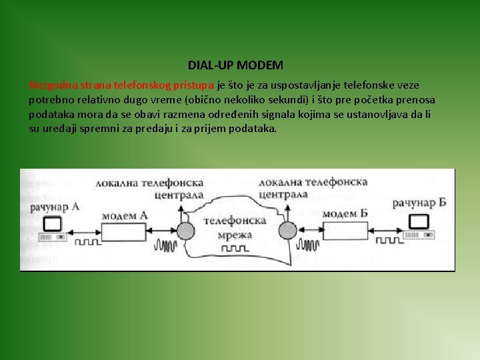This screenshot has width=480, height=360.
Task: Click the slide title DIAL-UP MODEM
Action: pos(235,65)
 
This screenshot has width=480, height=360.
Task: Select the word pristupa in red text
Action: pos(193,85)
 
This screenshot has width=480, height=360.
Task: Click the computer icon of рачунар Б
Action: pos(419,223)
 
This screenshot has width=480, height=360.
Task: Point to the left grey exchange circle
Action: pos(180,231)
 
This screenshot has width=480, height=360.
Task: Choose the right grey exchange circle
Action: pos(287,231)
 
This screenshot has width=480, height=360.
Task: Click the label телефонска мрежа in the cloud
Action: pos(234,227)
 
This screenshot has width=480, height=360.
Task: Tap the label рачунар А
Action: pos(55,207)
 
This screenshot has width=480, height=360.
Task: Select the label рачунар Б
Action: pos(419,203)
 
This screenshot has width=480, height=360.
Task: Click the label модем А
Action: pos(125,215)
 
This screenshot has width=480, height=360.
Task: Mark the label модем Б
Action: pos(345,214)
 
